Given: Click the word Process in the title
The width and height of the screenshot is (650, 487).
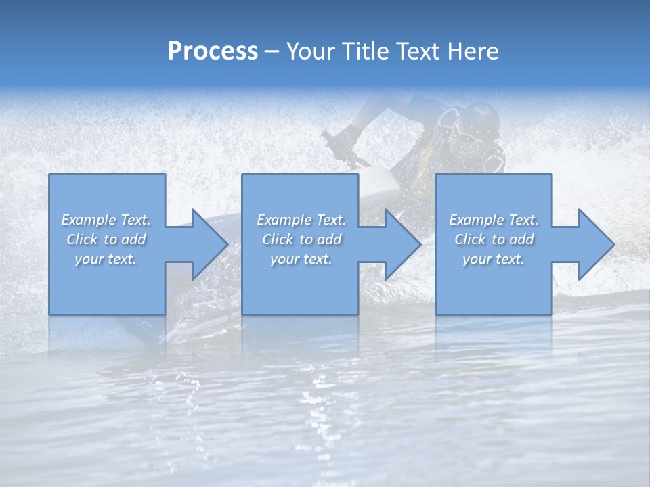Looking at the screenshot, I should coord(213,51).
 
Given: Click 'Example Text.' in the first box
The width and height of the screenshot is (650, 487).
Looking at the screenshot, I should coord(106,220).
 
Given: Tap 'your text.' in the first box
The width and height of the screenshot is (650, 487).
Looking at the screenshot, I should coord(106,259).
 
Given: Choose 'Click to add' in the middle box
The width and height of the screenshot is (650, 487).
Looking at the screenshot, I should coord(301,239).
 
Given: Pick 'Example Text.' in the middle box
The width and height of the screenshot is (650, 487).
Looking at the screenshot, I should coord(301,220).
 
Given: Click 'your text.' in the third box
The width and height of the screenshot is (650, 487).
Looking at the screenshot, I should coord(494,259).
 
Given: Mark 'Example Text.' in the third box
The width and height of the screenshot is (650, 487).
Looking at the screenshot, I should coord(494,220).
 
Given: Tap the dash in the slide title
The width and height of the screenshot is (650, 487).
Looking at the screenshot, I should coord(272,51).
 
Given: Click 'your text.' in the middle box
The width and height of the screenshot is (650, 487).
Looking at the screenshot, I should coord(301,259).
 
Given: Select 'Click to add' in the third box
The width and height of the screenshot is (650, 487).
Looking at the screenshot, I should coord(494,239).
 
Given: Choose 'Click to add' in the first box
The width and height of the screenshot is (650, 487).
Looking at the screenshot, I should coord(106,239).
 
